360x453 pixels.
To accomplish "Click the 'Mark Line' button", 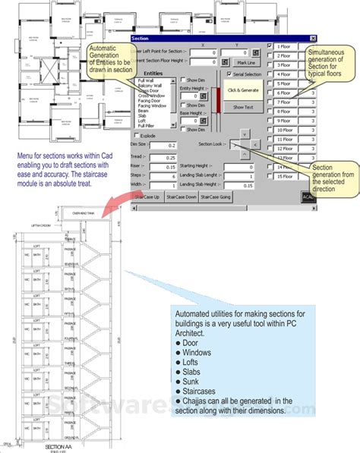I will pyautogui.click(x=245, y=62).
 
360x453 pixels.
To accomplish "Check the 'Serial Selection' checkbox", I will pyautogui.click(x=229, y=74).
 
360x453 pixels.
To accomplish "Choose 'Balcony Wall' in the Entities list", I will pyautogui.click(x=150, y=87).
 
